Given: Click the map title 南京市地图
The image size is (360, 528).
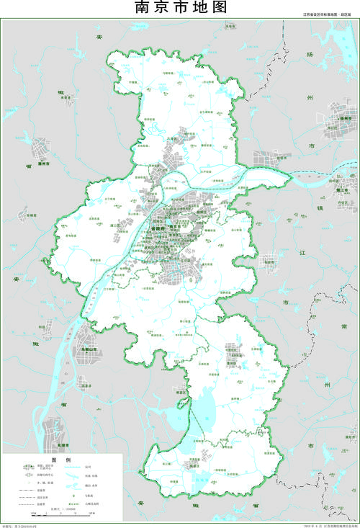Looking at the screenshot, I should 181,8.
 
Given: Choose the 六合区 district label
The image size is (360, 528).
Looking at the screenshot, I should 172,140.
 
